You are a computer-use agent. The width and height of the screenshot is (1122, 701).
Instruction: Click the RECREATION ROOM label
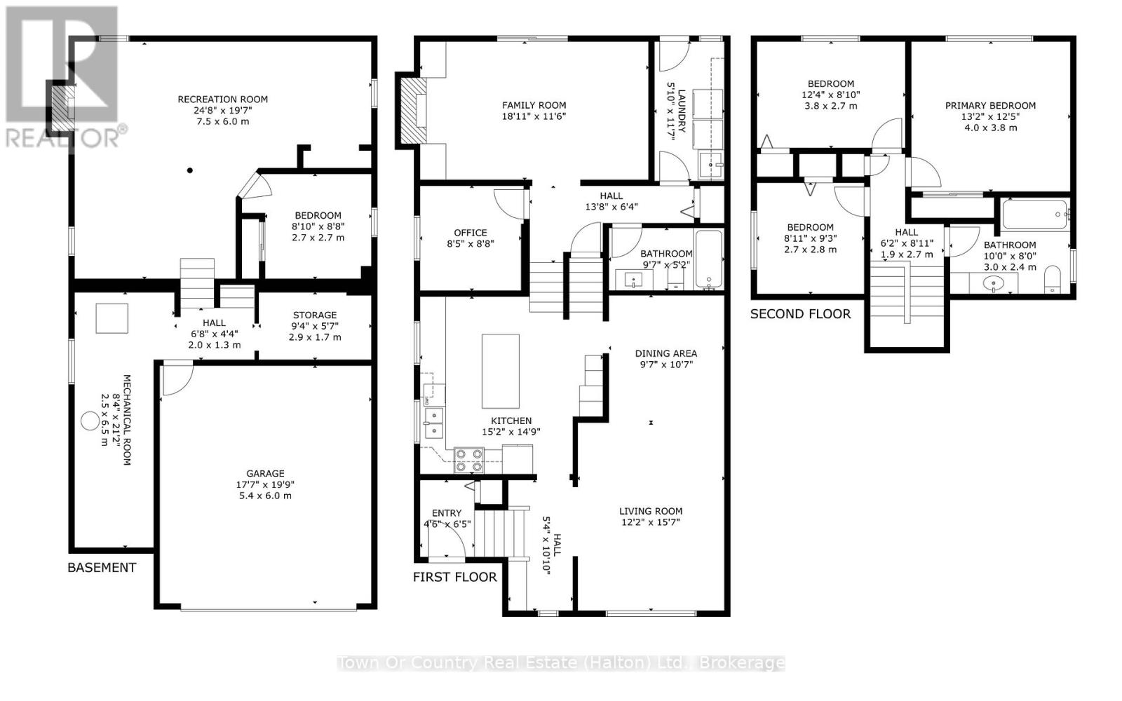(223, 99)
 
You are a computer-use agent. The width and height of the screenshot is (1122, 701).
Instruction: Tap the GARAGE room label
(265, 473)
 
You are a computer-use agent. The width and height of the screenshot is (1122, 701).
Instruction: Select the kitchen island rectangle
(501, 371)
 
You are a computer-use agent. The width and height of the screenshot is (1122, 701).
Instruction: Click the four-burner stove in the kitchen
(469, 461)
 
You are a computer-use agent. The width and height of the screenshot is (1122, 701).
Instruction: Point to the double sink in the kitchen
(434, 423)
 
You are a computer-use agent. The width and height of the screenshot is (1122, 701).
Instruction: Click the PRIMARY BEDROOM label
(990, 106)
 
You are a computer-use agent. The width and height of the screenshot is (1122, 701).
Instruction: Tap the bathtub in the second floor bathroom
(1035, 215)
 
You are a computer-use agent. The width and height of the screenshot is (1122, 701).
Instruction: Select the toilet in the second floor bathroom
(1053, 280)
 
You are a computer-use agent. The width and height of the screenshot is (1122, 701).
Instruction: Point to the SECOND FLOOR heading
(800, 314)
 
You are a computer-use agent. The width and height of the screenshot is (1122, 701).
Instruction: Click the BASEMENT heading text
(102, 567)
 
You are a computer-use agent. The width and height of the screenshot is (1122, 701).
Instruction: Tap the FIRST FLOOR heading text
(455, 577)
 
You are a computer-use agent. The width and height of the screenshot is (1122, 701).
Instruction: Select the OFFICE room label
(471, 233)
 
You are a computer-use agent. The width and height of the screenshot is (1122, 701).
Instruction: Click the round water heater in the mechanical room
(90, 421)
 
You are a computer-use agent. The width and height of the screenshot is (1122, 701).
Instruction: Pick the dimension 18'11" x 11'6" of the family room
(534, 116)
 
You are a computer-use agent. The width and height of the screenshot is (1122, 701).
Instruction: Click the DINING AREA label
(665, 353)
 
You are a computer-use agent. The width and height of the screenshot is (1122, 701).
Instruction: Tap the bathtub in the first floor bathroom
(709, 259)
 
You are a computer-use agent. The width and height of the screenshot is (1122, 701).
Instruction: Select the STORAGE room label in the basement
(315, 315)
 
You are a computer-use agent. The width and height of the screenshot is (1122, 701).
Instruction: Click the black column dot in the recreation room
(190, 170)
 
